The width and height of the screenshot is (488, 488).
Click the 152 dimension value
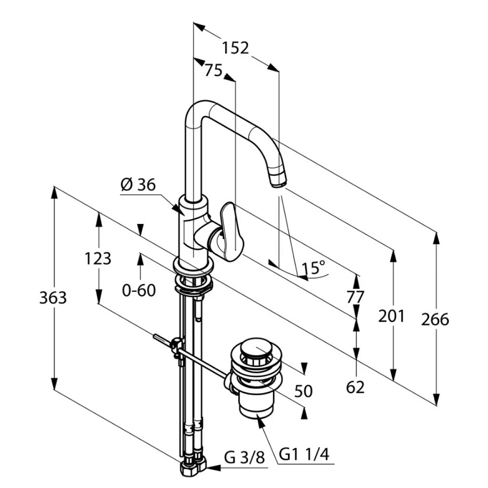point(236,48)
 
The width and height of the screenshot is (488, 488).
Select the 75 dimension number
point(213,70)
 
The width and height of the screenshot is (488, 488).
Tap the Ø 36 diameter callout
point(138,185)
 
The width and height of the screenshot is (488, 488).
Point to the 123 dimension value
point(98,259)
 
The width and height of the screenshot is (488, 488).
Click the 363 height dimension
point(53,298)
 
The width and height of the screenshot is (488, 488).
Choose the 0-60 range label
point(139,291)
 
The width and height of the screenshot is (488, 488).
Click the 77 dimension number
point(355,297)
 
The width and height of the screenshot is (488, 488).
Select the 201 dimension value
point(392,316)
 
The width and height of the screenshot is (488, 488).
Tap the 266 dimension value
point(435,319)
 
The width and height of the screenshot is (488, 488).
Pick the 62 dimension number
point(355,387)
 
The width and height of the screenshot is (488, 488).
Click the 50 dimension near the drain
point(303,391)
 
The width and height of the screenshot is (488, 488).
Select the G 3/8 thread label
point(244,458)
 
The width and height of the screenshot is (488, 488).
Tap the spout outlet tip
point(278,181)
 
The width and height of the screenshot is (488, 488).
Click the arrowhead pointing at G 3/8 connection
point(213,467)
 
